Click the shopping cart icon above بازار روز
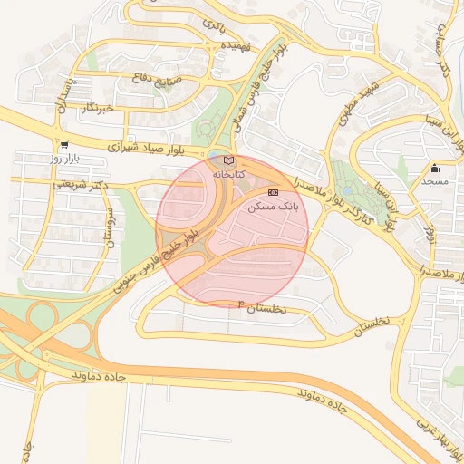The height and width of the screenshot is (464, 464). coord(63,145)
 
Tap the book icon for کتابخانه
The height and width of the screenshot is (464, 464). coord(228,159)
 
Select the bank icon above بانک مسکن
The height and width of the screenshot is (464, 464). coord(273,193)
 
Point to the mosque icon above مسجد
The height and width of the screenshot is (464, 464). coord(434,168)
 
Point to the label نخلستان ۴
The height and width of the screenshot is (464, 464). coord(262,308)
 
